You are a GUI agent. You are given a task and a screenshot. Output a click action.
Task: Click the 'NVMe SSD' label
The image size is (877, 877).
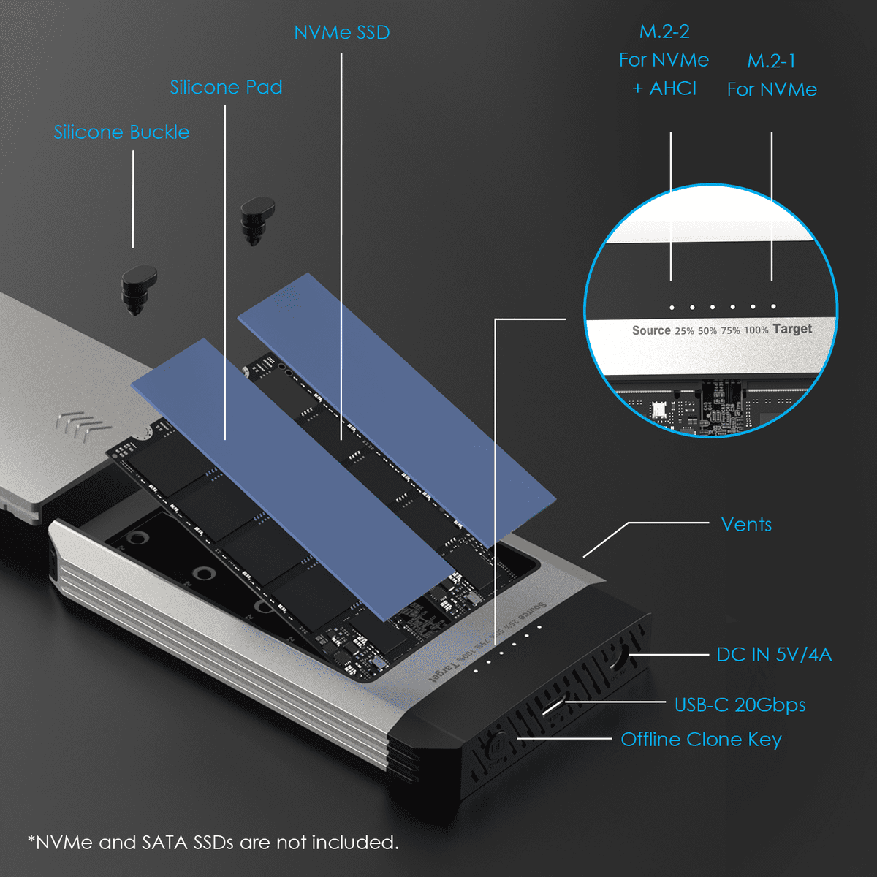click(x=341, y=33)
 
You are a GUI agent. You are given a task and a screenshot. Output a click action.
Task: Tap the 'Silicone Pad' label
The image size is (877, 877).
click(x=226, y=87)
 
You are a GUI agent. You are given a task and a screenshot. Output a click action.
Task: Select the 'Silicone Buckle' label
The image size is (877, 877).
click(x=121, y=132)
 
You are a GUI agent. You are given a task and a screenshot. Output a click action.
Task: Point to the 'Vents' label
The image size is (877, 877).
click(x=746, y=524)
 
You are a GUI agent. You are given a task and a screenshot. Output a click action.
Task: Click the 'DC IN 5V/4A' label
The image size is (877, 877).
click(x=774, y=654)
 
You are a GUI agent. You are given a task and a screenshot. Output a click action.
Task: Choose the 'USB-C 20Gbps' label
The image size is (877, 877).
click(x=740, y=705)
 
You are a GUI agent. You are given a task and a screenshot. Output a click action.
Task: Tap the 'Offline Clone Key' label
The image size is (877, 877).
click(x=701, y=740)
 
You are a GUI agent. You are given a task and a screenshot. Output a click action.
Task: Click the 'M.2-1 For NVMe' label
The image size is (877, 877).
click(x=772, y=75)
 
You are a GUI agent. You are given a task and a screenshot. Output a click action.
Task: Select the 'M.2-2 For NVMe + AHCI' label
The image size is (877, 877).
click(x=664, y=60)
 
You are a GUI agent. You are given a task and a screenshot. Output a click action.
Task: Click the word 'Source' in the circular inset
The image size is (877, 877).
click(x=651, y=330)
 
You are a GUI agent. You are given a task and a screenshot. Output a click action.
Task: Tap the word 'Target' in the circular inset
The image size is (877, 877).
click(x=792, y=329)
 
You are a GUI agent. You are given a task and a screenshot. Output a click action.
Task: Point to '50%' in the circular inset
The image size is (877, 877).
click(x=707, y=331)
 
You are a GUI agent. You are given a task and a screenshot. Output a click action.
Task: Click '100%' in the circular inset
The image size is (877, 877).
click(x=756, y=330)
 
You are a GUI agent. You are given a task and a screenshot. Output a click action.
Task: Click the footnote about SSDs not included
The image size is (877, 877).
click(x=213, y=843)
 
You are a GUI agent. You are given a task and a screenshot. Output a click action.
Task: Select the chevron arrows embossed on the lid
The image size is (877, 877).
click(x=83, y=425)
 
